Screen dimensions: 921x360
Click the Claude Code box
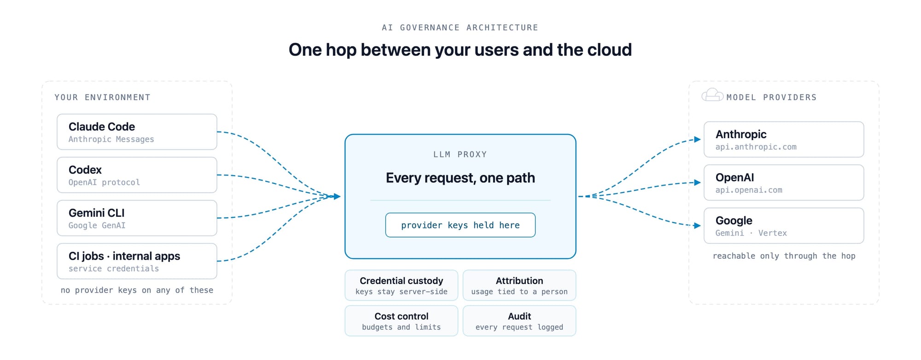(x=137, y=132)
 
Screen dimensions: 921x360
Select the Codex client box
(x=137, y=175)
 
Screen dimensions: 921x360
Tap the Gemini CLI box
(x=137, y=218)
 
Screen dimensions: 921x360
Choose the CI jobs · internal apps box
(x=137, y=261)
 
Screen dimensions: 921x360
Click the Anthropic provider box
(x=784, y=139)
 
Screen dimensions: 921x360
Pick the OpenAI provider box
(x=784, y=182)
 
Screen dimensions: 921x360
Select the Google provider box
(x=784, y=226)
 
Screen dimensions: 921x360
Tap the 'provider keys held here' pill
(x=460, y=225)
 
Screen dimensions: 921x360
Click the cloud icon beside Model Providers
(x=712, y=95)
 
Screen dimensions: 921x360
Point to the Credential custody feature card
(x=402, y=285)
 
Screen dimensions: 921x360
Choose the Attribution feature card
(x=519, y=285)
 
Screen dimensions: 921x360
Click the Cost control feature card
(x=402, y=321)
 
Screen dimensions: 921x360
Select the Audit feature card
(x=519, y=321)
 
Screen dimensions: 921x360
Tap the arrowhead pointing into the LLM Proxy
(x=337, y=197)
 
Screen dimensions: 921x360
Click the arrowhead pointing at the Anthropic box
(x=698, y=139)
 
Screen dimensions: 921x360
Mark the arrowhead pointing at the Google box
(x=698, y=226)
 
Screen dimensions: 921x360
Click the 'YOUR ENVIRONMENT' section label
(x=102, y=97)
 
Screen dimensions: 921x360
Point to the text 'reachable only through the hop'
(x=784, y=256)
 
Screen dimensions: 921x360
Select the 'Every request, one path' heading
(x=460, y=178)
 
